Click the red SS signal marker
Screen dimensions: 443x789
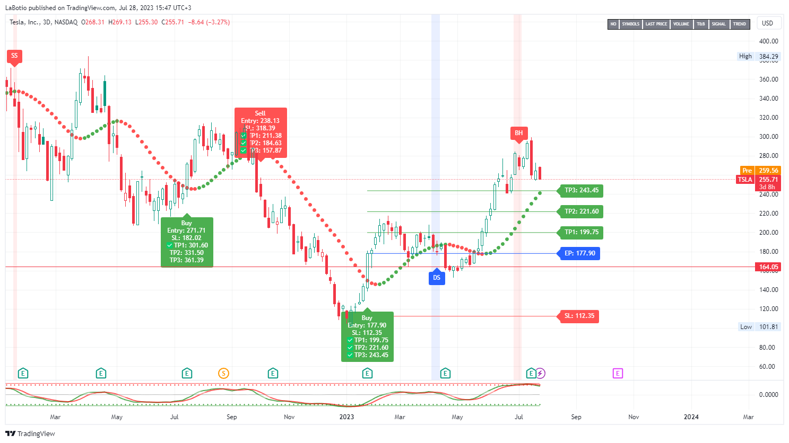(x=14, y=56)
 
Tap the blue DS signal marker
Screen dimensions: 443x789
(x=437, y=278)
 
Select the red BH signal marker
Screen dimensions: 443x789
(x=518, y=133)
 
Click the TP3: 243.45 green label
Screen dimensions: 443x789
(x=581, y=190)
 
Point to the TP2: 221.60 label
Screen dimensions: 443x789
(x=581, y=211)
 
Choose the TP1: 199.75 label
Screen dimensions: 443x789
(x=581, y=232)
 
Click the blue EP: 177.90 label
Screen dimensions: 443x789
(x=579, y=253)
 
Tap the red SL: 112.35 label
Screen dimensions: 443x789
(x=579, y=316)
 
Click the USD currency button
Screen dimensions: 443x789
(x=767, y=23)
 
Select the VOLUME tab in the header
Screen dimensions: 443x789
(x=681, y=24)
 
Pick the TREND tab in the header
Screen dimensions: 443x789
(x=739, y=24)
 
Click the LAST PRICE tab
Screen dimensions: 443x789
(x=656, y=24)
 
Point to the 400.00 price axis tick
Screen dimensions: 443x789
(x=768, y=41)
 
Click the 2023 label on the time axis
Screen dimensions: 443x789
(x=346, y=417)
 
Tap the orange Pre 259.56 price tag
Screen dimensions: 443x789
(x=760, y=171)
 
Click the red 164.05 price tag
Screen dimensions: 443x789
(x=768, y=267)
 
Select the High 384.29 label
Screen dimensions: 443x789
(x=759, y=56)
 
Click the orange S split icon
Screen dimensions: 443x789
(x=223, y=374)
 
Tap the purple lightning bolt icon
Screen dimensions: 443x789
(x=540, y=374)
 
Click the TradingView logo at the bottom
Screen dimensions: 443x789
(x=30, y=433)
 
